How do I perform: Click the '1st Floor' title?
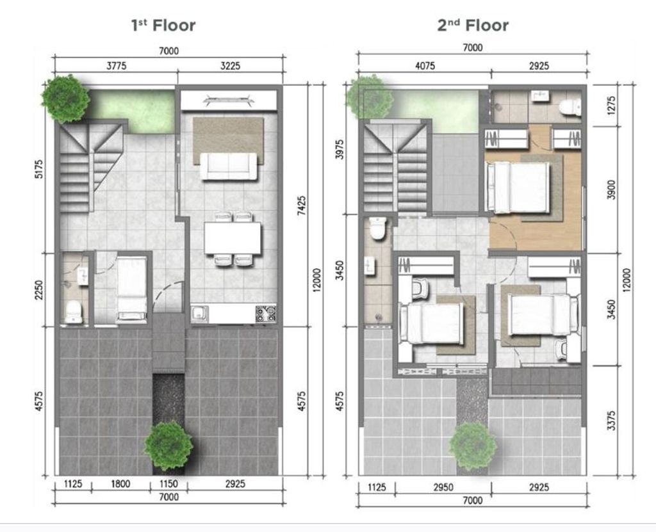click(163, 26)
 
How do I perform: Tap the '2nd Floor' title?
click(473, 26)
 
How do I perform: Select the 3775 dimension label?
click(117, 66)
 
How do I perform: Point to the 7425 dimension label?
click(301, 206)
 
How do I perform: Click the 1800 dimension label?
click(120, 484)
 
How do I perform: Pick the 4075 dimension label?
click(425, 66)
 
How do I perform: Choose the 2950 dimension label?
click(443, 487)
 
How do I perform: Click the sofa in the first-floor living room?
click(229, 166)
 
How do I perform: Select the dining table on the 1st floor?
click(233, 238)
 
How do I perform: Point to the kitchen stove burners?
click(266, 314)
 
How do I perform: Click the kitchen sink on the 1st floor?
click(200, 314)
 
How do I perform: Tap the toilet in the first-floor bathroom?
click(74, 312)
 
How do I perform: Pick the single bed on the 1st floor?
click(131, 289)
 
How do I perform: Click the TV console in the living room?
click(229, 100)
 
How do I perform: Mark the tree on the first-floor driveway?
click(168, 446)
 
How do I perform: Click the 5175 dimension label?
click(39, 168)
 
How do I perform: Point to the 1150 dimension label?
click(168, 484)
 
